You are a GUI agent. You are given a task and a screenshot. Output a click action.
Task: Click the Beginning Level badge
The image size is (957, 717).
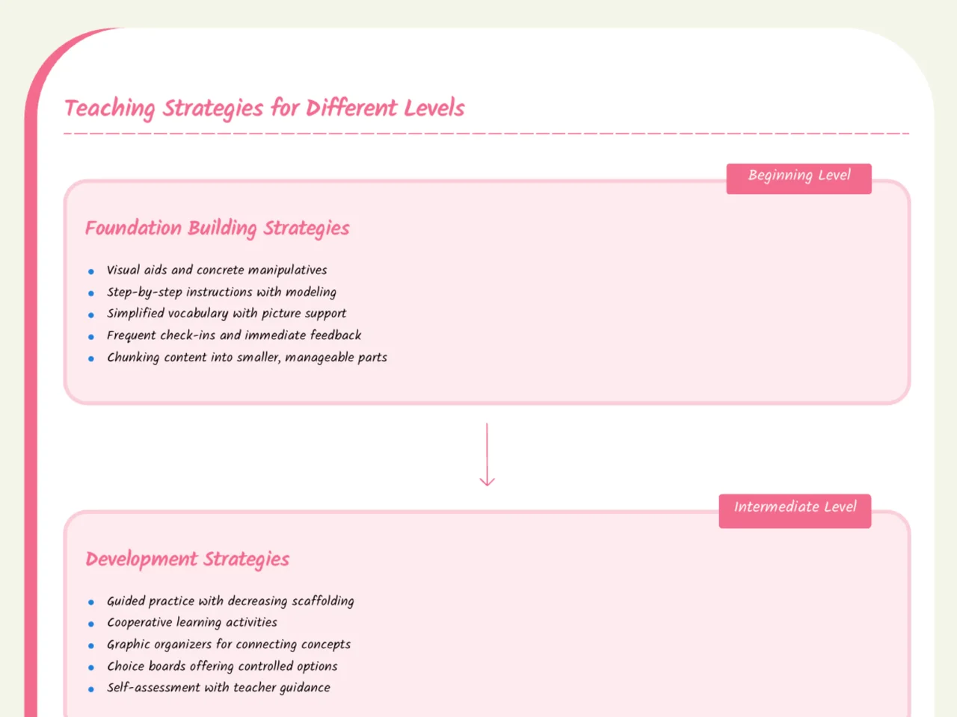(798, 179)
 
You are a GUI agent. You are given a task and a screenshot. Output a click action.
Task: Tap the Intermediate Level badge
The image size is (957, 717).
(795, 511)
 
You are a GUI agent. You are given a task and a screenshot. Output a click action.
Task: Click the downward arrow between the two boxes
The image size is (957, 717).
(487, 455)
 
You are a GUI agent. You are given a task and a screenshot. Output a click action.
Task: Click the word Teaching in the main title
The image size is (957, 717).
(109, 109)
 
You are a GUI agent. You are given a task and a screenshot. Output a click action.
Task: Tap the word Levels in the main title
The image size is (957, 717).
(434, 108)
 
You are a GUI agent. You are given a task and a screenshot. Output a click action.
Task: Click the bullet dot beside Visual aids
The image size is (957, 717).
(90, 272)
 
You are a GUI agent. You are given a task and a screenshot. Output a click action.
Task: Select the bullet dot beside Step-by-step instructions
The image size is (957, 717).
(90, 294)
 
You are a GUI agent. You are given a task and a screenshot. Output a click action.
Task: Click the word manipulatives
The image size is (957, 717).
(287, 270)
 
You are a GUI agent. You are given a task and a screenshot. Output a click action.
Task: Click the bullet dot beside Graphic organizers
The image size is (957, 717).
(90, 646)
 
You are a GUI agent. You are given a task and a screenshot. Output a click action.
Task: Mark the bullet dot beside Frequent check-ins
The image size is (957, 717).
(90, 337)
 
